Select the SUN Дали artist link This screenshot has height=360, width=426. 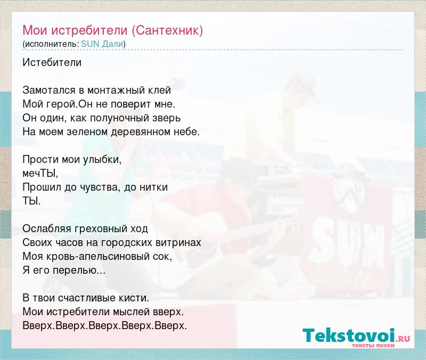click(102, 44)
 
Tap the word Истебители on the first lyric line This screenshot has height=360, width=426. click(52, 62)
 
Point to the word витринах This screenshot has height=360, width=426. click(178, 242)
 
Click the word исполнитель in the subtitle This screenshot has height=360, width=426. click(51, 44)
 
